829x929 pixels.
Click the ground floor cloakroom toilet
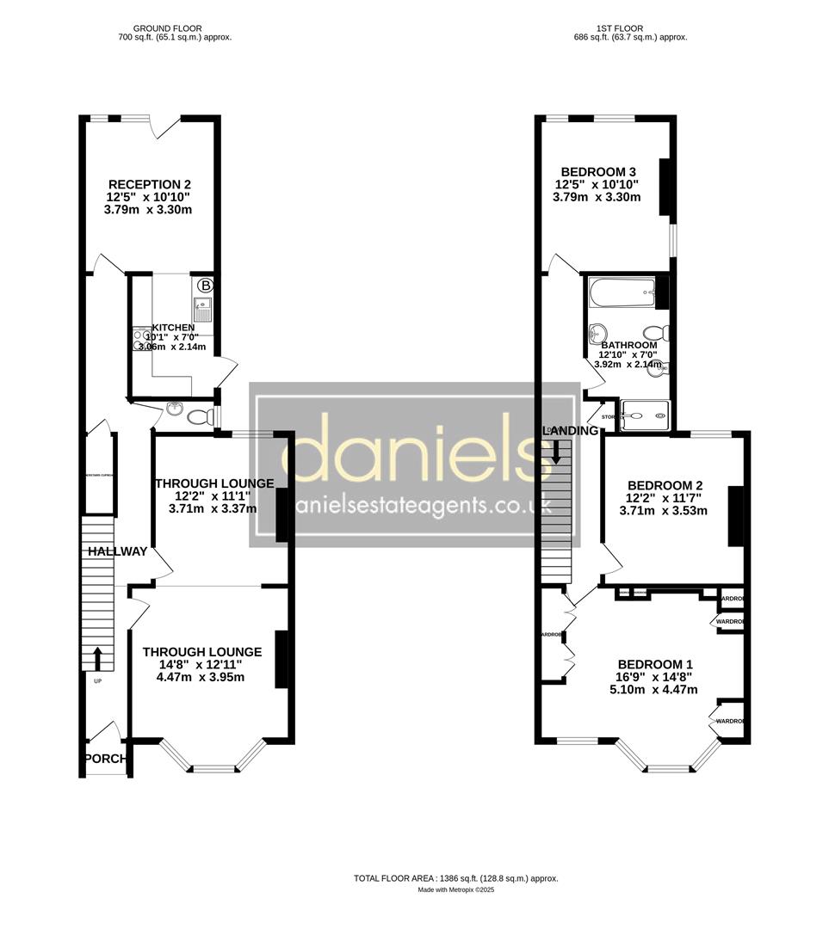(198, 418)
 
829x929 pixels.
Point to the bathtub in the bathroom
(622, 294)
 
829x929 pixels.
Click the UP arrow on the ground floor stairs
(96, 659)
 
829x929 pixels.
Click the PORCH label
(105, 759)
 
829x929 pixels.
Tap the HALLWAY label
(115, 551)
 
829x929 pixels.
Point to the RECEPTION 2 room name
(149, 184)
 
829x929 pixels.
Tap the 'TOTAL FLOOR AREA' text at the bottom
(396, 878)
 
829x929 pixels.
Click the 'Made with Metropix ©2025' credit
(456, 890)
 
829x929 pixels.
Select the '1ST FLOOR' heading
(630, 27)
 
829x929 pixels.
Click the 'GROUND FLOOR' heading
(175, 27)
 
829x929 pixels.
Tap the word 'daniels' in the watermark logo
(414, 448)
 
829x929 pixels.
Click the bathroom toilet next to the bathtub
(656, 333)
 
